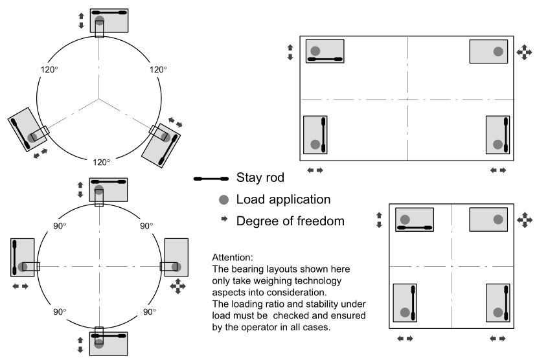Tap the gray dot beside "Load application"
(x=223, y=199)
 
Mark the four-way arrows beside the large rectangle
(x=523, y=52)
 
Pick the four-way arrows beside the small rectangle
(x=525, y=221)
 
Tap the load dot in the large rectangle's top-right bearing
(x=497, y=51)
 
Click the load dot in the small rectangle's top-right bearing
(x=497, y=219)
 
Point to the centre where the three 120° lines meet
(x=99, y=100)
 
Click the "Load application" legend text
(x=284, y=199)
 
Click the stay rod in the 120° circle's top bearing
(x=109, y=12)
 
